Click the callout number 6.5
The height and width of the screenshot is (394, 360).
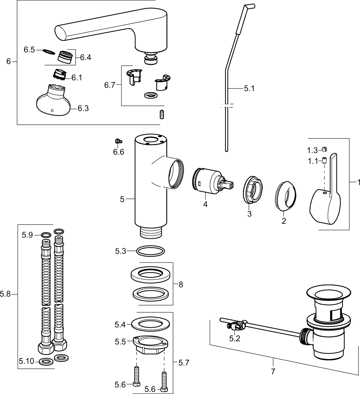point(29,50)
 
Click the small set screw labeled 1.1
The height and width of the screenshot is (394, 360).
point(324,160)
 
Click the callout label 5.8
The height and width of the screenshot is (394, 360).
point(5,294)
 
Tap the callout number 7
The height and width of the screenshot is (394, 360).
point(273,372)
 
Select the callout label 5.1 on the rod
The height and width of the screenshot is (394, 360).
point(249,89)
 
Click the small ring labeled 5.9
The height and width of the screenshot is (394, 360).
point(46,235)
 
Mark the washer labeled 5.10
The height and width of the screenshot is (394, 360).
point(46,362)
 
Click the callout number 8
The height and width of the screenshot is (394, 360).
point(181,284)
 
